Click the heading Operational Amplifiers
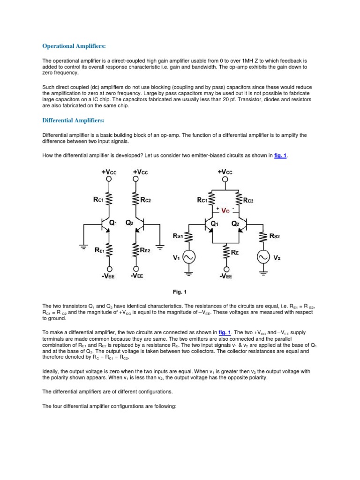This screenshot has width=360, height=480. [74, 46]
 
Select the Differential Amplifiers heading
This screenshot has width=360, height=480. [73, 120]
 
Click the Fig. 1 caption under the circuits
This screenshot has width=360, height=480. [179, 292]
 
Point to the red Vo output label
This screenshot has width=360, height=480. [227, 211]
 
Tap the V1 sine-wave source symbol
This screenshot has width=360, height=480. [188, 257]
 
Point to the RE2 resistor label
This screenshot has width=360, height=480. [145, 251]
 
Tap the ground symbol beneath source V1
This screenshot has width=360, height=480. [188, 272]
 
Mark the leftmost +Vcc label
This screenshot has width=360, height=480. [108, 172]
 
